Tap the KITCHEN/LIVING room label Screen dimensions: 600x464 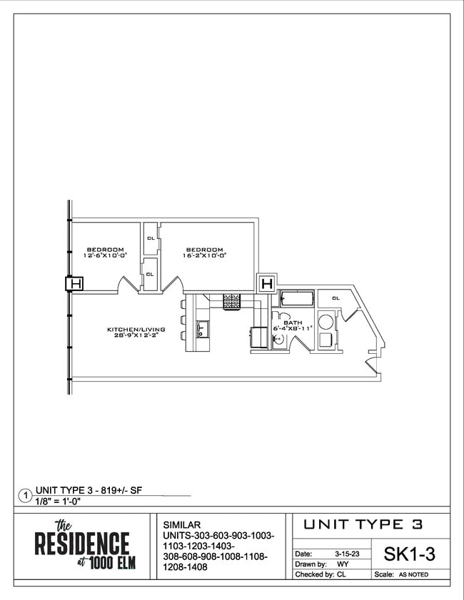click(x=136, y=330)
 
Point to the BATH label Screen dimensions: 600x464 click(x=293, y=322)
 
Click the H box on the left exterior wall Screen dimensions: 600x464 click(x=75, y=284)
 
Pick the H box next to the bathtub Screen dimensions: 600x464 click(x=266, y=284)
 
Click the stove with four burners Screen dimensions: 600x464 click(x=233, y=302)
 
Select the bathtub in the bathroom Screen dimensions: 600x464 click(x=296, y=300)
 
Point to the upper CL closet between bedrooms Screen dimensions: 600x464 click(x=150, y=238)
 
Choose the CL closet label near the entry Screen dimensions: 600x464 click(x=336, y=298)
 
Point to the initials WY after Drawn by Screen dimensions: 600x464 click(x=342, y=564)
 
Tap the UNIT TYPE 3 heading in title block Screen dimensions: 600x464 click(x=363, y=524)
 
